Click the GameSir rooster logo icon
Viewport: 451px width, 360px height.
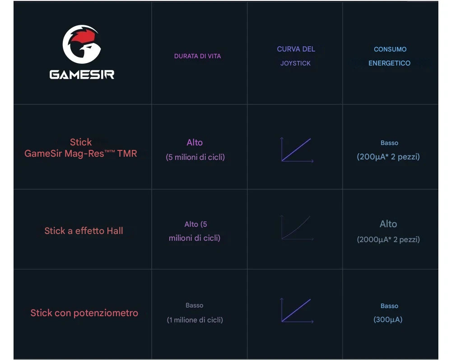[x=81, y=44]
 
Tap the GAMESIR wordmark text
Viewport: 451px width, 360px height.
[x=82, y=75]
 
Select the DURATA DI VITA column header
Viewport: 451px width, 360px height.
[x=197, y=56]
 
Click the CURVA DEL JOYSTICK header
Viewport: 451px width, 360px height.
[x=296, y=56]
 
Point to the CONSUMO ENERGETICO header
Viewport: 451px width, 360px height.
[x=390, y=56]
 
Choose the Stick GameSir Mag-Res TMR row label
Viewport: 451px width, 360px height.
[x=81, y=148]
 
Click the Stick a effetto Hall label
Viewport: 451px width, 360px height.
[x=84, y=231]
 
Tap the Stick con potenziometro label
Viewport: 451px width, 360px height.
[x=84, y=313]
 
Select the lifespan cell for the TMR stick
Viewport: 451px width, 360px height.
[x=195, y=150]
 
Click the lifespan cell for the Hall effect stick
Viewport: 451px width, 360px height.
[x=195, y=231]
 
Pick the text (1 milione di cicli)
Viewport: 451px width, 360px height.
[x=195, y=320]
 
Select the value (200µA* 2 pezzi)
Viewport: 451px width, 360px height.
[x=388, y=157]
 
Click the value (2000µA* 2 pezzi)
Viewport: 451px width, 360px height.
[x=388, y=239]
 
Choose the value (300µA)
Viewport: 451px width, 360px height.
[x=388, y=320]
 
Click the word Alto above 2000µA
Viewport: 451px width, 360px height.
[x=388, y=224]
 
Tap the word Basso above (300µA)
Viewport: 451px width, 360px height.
[x=389, y=306]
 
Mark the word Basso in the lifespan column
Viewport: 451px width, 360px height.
[x=195, y=305]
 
